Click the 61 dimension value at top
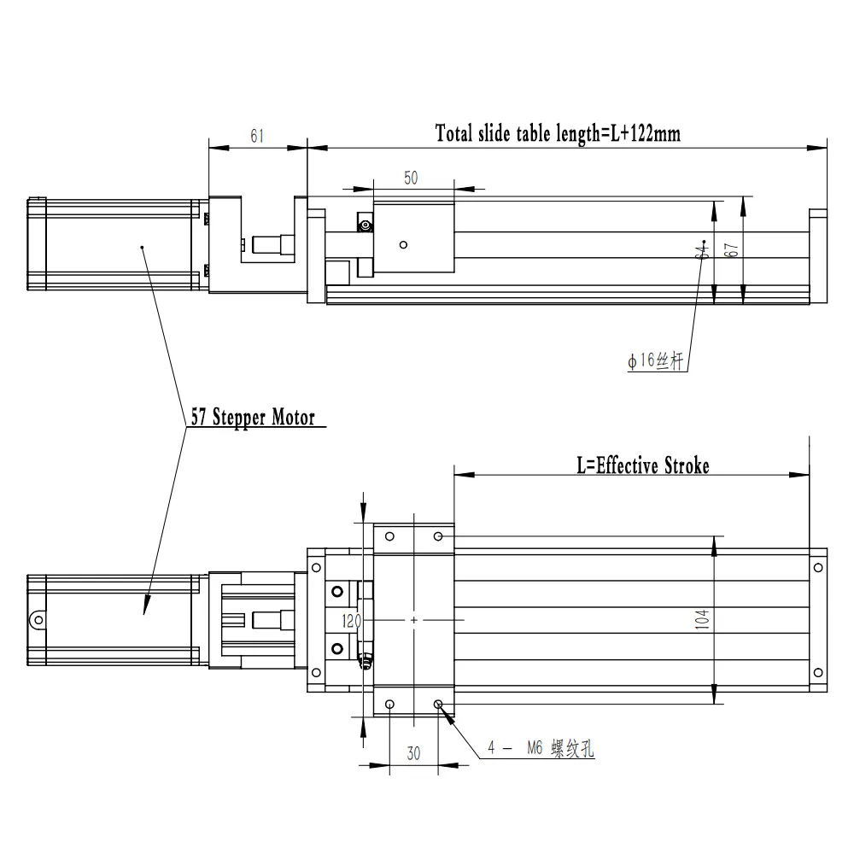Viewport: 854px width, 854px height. click(x=256, y=135)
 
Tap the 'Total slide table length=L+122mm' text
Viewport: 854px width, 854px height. click(x=558, y=133)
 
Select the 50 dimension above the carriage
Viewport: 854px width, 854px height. click(x=411, y=178)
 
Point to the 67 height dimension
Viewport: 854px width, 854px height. click(x=732, y=250)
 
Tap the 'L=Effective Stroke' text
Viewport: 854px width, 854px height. click(x=642, y=465)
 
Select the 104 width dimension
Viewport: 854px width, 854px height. click(x=701, y=618)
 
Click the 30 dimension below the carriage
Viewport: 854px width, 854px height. click(x=413, y=753)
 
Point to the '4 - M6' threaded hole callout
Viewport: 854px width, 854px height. click(x=540, y=750)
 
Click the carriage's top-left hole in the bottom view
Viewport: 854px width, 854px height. click(x=390, y=536)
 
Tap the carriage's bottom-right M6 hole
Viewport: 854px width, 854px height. click(x=438, y=705)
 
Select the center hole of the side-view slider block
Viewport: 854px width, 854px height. click(x=403, y=243)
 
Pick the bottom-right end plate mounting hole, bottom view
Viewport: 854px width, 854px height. click(x=816, y=672)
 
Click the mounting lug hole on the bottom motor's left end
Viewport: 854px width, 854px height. click(x=36, y=619)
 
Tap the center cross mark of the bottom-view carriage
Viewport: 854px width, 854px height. click(x=414, y=619)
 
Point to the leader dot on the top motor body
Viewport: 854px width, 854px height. click(x=142, y=248)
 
